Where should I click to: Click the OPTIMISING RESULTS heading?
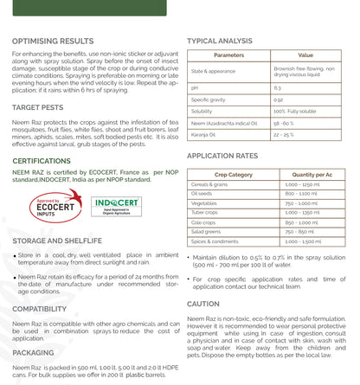[53, 41]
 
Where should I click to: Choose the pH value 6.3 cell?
[277, 87]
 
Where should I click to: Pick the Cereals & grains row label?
[213, 185]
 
